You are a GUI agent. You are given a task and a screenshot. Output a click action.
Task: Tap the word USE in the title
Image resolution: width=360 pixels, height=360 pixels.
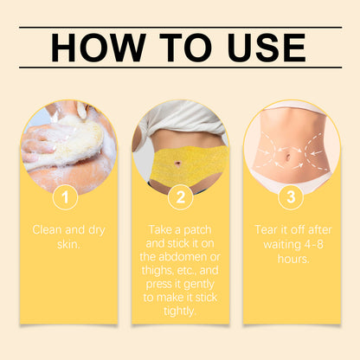click(267, 48)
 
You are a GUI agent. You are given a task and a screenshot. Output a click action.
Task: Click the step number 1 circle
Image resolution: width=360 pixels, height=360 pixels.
click(65, 197)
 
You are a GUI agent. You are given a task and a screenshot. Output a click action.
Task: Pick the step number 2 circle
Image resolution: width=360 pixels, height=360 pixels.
click(180, 197)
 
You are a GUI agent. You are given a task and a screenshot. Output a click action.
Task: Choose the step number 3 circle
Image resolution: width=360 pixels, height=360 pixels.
click(291, 196)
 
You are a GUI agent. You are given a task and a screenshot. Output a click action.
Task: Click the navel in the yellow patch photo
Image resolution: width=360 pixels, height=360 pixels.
click(177, 164)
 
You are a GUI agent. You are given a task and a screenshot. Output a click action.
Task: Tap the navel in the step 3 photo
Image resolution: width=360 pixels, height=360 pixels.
click(288, 158)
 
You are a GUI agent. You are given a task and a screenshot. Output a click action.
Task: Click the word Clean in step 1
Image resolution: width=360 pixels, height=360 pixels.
click(47, 230)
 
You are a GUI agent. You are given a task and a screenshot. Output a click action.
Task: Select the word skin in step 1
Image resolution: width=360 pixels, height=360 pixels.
click(68, 244)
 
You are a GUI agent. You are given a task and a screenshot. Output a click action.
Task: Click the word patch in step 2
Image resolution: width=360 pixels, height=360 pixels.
click(197, 230)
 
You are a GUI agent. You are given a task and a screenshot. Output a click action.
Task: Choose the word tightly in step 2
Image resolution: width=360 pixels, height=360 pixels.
click(180, 312)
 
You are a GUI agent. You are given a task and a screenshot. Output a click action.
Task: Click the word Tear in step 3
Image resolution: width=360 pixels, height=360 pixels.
click(266, 230)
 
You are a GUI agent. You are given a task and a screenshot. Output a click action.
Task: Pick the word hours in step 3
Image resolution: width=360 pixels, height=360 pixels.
click(293, 259)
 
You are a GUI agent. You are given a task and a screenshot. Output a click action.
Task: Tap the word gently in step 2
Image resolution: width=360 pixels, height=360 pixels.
click(199, 285)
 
